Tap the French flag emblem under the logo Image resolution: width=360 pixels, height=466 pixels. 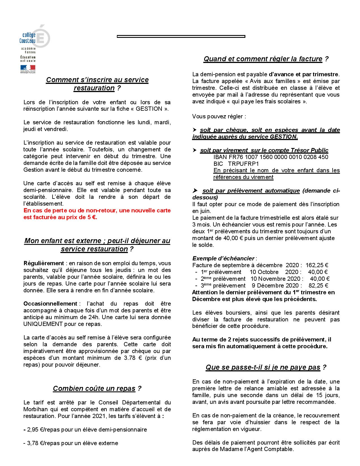click(x=27, y=68)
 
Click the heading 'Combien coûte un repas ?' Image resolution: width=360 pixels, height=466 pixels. click(x=97, y=389)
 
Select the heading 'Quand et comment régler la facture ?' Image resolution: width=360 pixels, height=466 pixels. click(x=266, y=59)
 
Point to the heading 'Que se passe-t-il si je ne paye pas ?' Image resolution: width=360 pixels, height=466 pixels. click(x=266, y=367)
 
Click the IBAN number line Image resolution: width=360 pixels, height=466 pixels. click(x=271, y=157)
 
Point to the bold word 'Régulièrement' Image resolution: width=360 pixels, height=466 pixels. click(x=44, y=263)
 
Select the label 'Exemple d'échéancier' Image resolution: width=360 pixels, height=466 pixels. click(x=223, y=258)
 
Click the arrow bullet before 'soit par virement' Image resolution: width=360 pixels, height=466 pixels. click(x=194, y=150)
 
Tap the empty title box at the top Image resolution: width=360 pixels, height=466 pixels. click(x=181, y=36)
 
